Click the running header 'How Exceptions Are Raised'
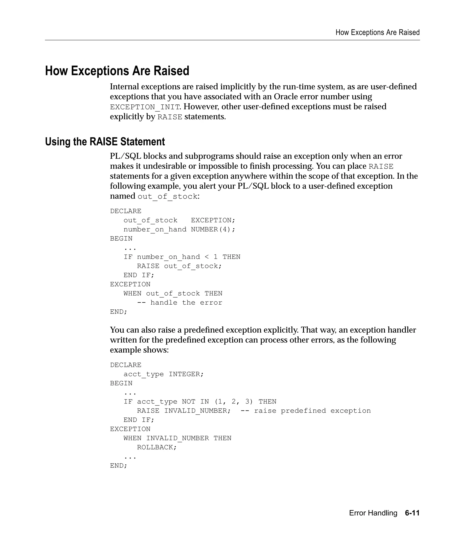[377, 33]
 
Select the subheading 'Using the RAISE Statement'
[105, 142]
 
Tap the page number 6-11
[412, 513]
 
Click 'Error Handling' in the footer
[373, 513]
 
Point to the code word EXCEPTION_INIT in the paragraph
[145, 107]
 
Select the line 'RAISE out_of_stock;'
[179, 266]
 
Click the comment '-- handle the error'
[180, 303]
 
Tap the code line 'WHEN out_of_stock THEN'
[173, 294]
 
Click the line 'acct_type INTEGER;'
[163, 374]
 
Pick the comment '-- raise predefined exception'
[305, 411]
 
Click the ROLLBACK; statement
[157, 447]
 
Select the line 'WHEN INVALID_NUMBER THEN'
[177, 438]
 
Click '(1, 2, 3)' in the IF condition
[234, 402]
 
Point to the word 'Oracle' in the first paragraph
[285, 97]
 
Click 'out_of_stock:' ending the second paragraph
[169, 197]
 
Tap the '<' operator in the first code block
[207, 257]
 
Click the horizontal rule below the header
[232, 40]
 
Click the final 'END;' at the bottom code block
[119, 466]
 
